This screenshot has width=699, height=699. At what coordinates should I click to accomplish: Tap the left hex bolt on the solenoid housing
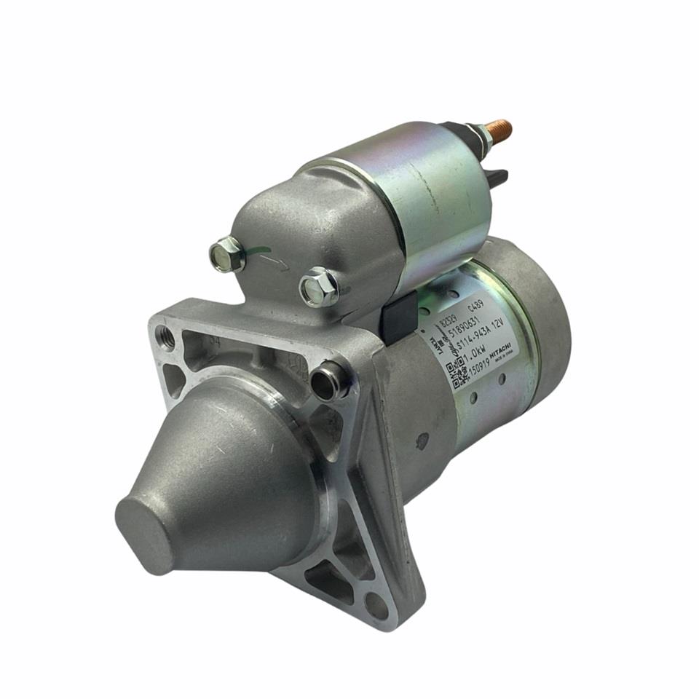click(x=227, y=255)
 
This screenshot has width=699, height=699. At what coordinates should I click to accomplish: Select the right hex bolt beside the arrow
click(x=318, y=287)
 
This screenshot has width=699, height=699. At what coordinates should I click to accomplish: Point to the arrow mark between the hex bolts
click(x=272, y=261)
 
